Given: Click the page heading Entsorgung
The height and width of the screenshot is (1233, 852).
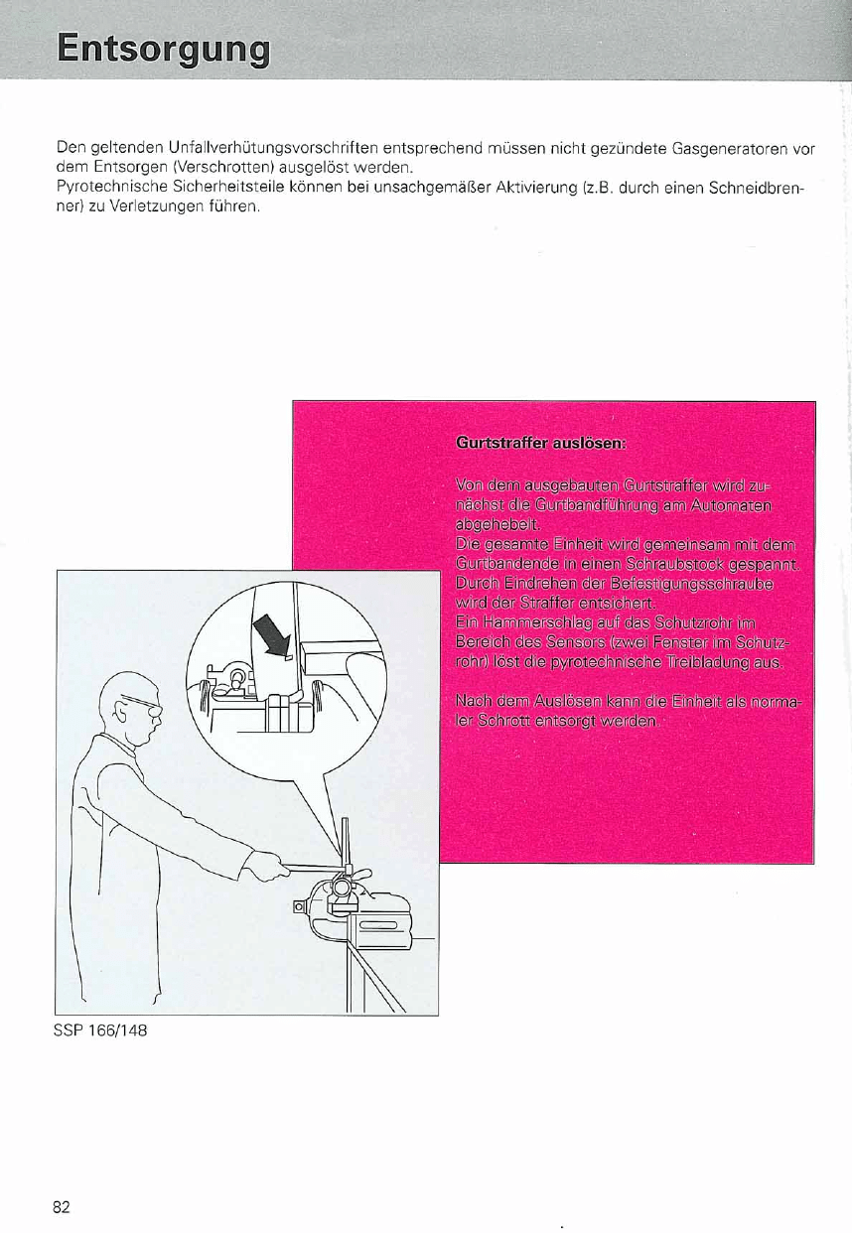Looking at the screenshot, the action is pyautogui.click(x=164, y=50).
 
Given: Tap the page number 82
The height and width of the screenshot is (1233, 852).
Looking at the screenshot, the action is pyautogui.click(x=62, y=1207).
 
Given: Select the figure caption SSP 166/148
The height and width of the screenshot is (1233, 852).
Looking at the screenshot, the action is pyautogui.click(x=100, y=1030).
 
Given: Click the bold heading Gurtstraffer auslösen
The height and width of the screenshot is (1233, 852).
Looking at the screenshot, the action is pyautogui.click(x=541, y=443).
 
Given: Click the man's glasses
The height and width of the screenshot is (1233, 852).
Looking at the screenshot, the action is pyautogui.click(x=144, y=705).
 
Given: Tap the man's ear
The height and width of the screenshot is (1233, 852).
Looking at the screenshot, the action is pyautogui.click(x=120, y=714).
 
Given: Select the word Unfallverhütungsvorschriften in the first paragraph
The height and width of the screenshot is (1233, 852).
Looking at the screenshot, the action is pyautogui.click(x=273, y=148).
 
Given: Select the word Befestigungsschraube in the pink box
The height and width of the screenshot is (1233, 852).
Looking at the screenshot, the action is pyautogui.click(x=692, y=584).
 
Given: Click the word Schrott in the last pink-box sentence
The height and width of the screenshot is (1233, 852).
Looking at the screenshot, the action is pyautogui.click(x=503, y=721).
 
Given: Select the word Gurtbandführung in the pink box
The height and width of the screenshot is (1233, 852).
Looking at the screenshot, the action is pyautogui.click(x=597, y=505).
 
